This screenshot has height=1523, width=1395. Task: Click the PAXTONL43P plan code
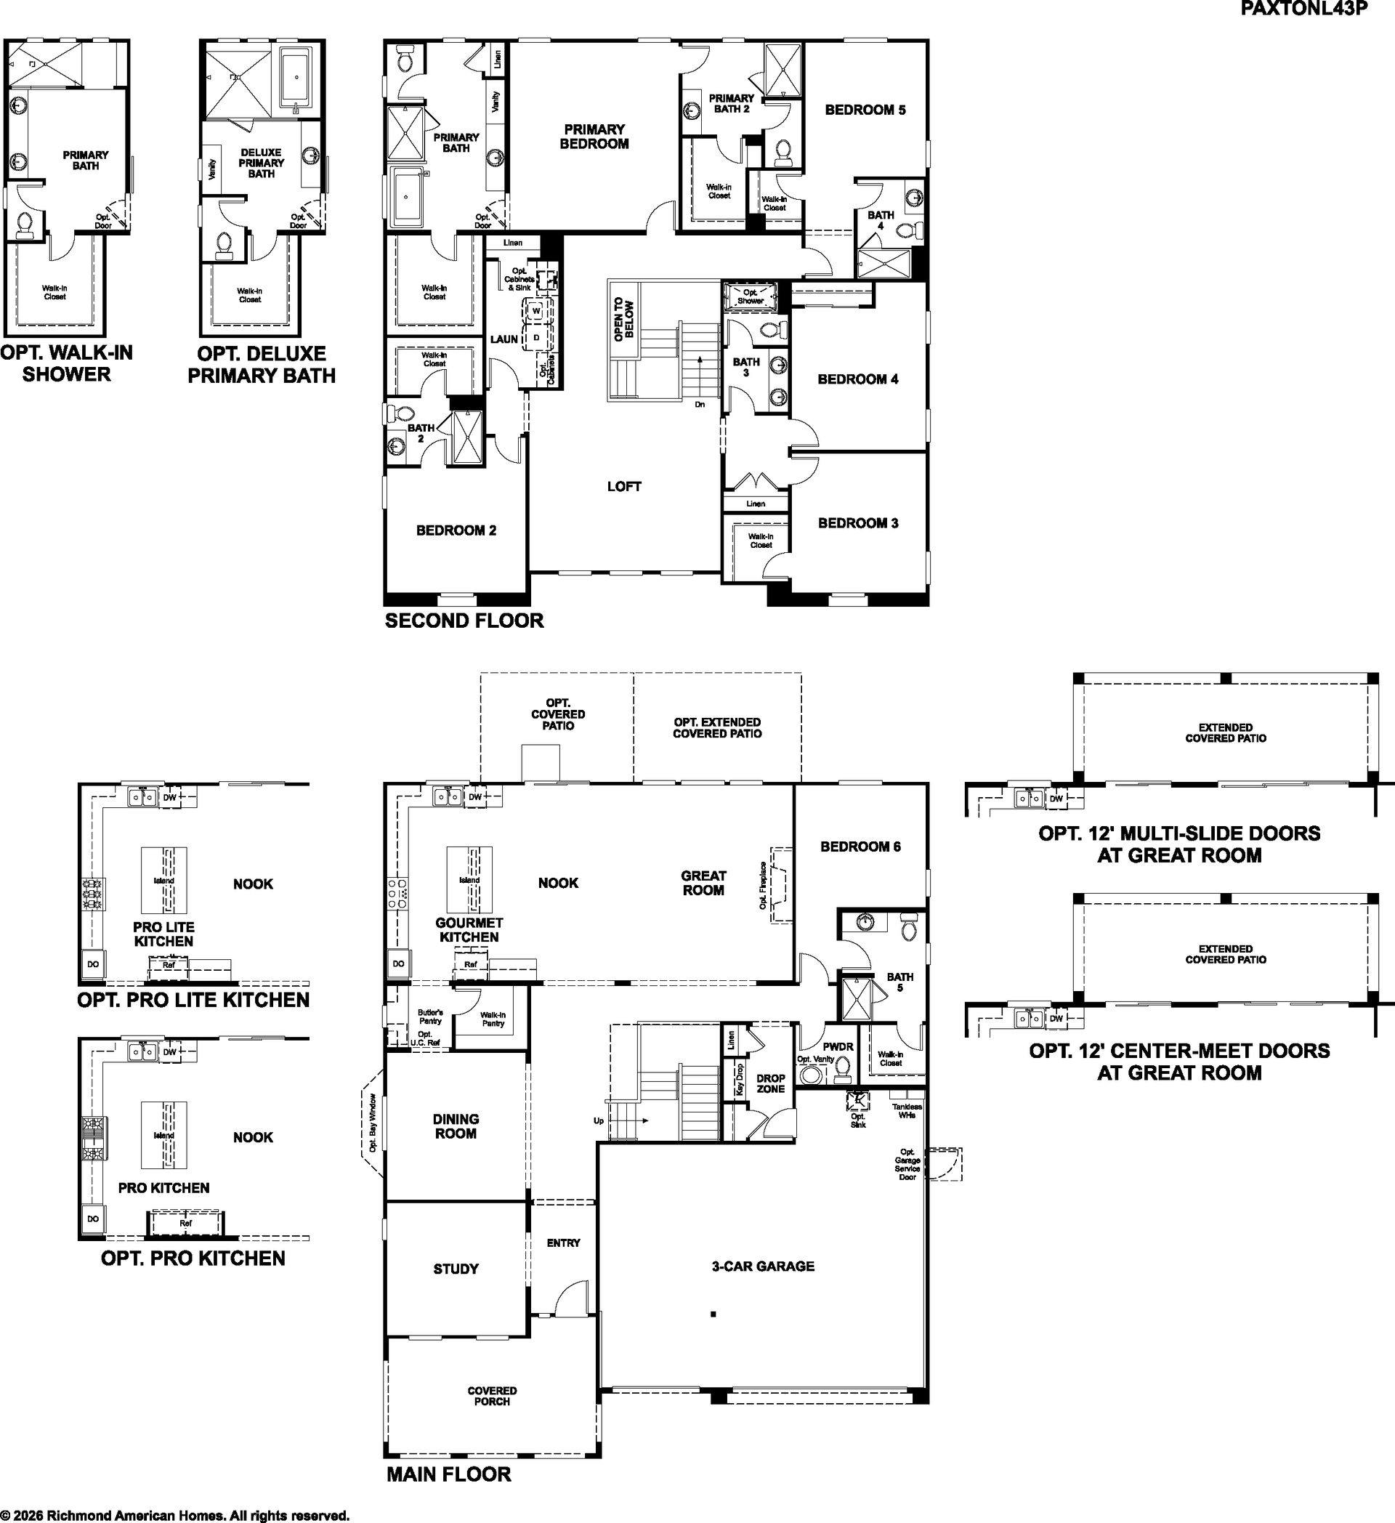(1303, 8)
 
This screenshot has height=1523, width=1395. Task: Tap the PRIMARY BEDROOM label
(594, 137)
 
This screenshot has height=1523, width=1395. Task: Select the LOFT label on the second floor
(624, 487)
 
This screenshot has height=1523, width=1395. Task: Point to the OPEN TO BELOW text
(624, 320)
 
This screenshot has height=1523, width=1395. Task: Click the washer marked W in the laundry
(536, 310)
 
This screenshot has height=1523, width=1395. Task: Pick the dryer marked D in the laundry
(536, 337)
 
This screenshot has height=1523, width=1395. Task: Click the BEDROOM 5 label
(865, 110)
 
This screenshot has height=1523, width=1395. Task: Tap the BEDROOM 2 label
(456, 530)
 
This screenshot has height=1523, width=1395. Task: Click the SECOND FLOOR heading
(464, 621)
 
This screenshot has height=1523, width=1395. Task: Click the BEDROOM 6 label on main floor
(860, 847)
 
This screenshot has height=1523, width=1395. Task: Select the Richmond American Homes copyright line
(174, 1516)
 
